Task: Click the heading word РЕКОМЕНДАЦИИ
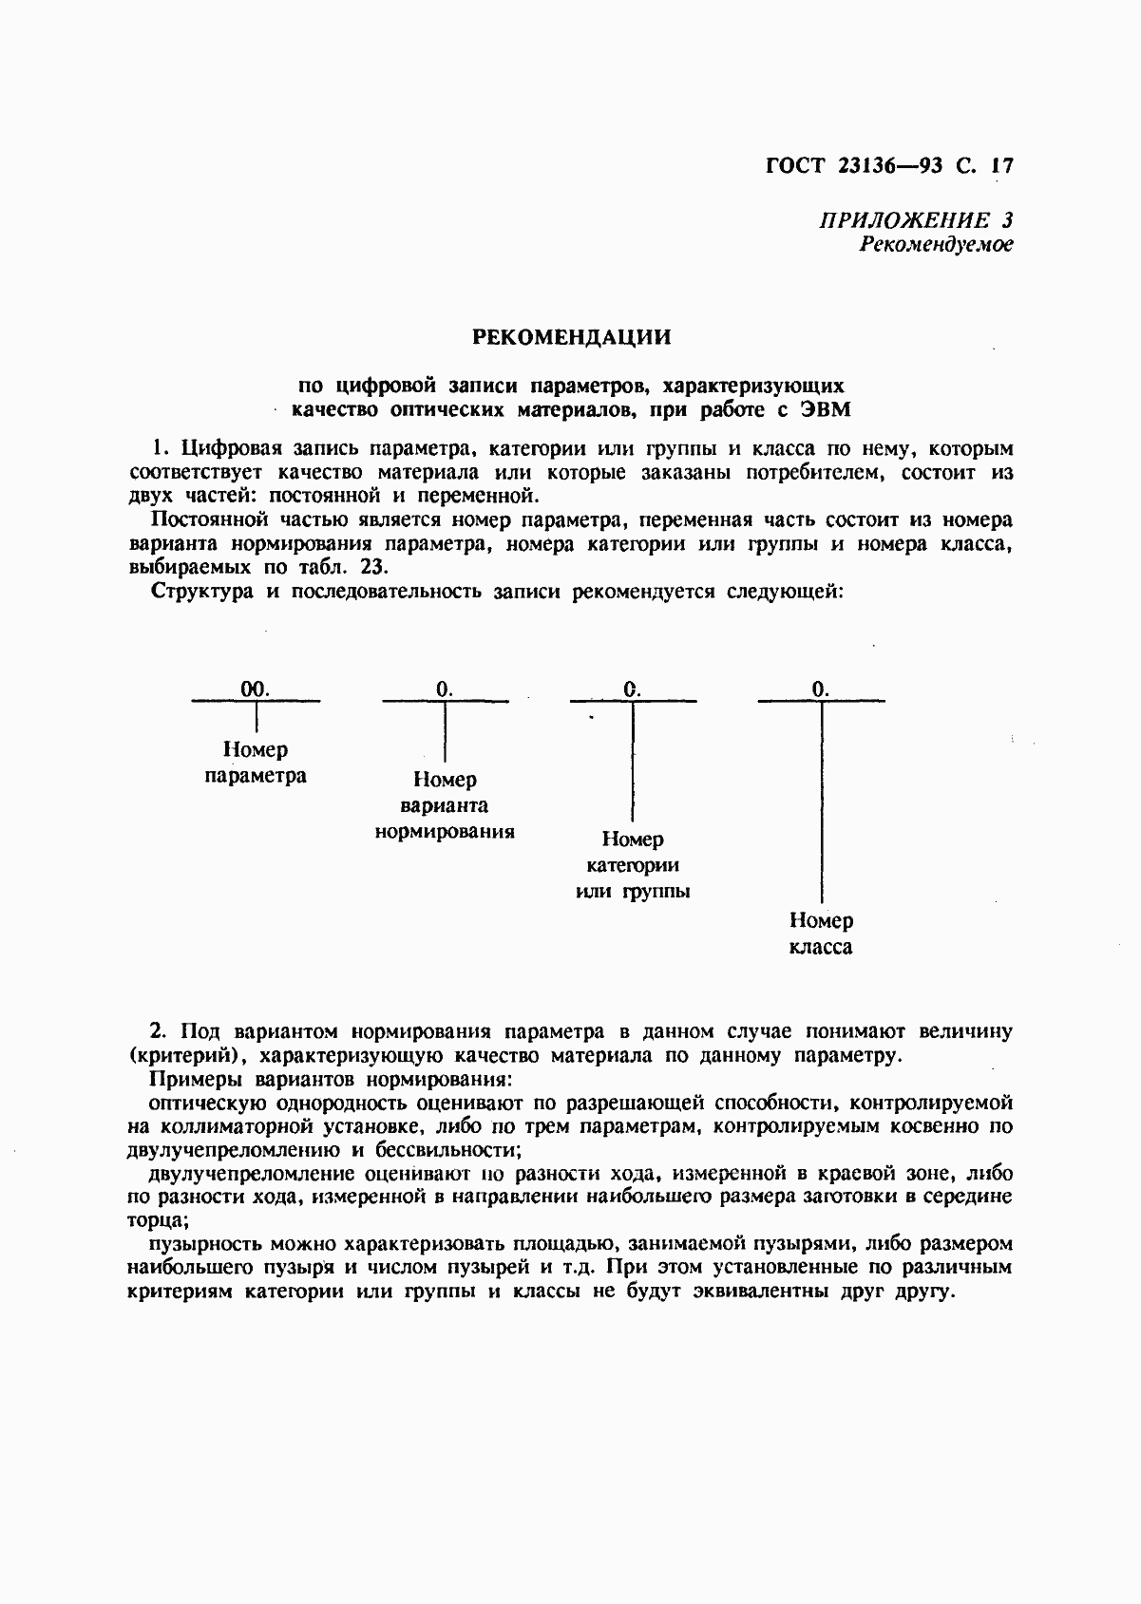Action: click(x=571, y=337)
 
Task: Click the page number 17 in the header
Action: click(x=1001, y=165)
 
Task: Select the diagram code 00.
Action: click(x=255, y=689)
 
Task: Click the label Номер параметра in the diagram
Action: click(x=256, y=763)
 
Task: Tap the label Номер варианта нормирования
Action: click(x=445, y=805)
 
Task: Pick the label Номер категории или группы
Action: click(x=633, y=865)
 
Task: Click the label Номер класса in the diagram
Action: click(x=821, y=934)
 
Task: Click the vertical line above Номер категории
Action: click(x=633, y=760)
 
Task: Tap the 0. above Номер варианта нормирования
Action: click(x=444, y=689)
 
